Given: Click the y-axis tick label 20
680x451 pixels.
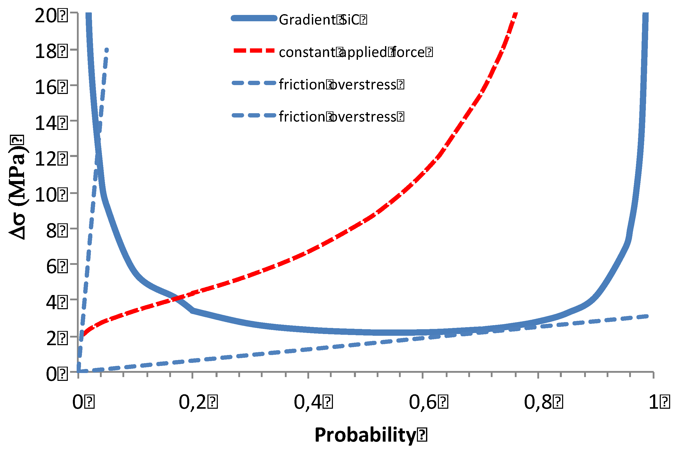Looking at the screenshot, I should pyautogui.click(x=46, y=15).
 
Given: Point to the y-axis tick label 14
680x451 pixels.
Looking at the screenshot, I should pyautogui.click(x=46, y=123).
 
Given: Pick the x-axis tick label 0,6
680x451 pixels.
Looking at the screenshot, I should pyautogui.click(x=423, y=402).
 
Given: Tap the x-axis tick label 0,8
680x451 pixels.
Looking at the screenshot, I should pyautogui.click(x=538, y=402).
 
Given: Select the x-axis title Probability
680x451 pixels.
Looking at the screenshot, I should pyautogui.click(x=366, y=435).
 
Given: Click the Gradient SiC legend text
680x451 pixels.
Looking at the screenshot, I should pyautogui.click(x=318, y=20).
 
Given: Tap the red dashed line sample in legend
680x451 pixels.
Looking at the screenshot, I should pyautogui.click(x=254, y=51).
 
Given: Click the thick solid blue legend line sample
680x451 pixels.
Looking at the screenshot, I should pyautogui.click(x=254, y=18).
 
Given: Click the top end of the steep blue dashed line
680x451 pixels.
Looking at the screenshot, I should pyautogui.click(x=107, y=50).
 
